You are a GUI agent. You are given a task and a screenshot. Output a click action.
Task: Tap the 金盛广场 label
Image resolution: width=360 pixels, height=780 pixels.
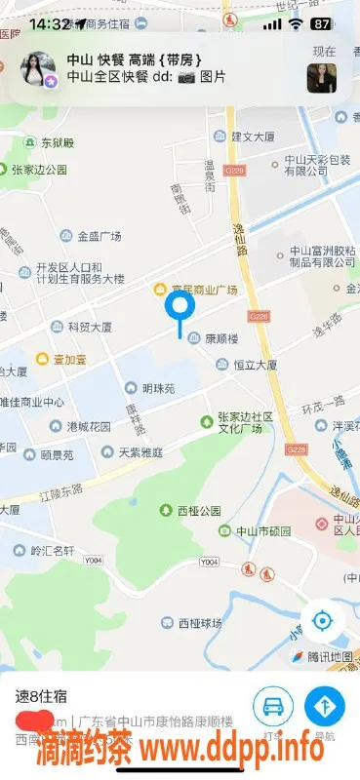coord(91,236)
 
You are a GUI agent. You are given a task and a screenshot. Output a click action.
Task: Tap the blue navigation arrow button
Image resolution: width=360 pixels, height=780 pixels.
coord(324,706)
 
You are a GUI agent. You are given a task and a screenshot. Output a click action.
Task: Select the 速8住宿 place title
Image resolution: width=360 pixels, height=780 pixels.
coord(40,696)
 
